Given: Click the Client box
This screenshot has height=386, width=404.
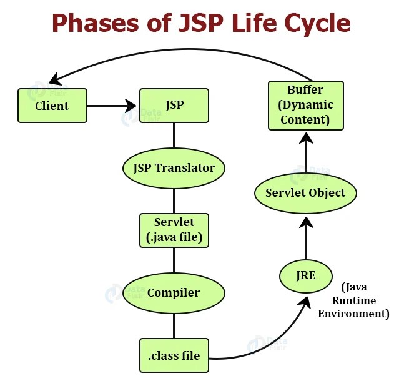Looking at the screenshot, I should pos(52,105).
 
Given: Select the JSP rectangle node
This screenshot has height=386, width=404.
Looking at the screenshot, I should pos(174,105).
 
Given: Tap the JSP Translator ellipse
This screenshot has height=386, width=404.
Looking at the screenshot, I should pos(174,167).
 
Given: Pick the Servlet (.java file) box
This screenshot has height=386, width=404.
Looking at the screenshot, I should pos(174,230).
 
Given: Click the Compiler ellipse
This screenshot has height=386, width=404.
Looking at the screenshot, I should pos(174,292).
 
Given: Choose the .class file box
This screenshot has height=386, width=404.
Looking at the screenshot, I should pos(174,355).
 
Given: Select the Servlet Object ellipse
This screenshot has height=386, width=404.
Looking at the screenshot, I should pos(305,192).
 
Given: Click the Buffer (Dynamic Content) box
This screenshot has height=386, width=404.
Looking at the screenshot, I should pos(305,105).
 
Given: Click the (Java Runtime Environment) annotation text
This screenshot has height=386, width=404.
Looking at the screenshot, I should pos(353,300).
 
